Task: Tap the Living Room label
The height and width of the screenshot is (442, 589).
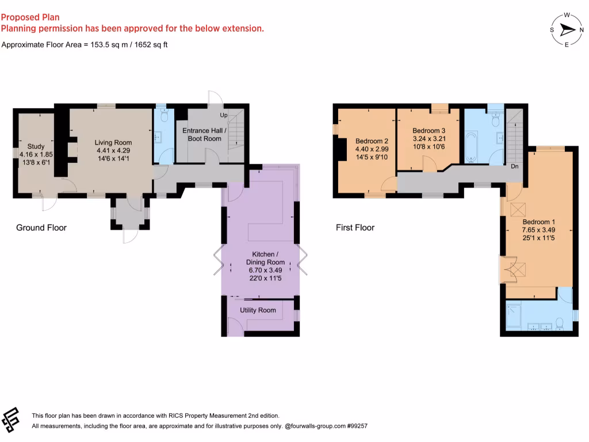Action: pos(113,143)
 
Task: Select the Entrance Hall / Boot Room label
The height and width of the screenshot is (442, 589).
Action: pos(205,135)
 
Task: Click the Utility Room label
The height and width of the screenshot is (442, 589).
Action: pos(258,310)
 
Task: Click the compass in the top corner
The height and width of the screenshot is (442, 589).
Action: pos(567,30)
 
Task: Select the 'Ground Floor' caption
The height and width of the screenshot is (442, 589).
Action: pos(41,228)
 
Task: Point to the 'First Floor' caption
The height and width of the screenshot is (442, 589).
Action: pos(355,228)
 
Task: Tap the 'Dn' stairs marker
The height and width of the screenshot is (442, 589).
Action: pos(515,167)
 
